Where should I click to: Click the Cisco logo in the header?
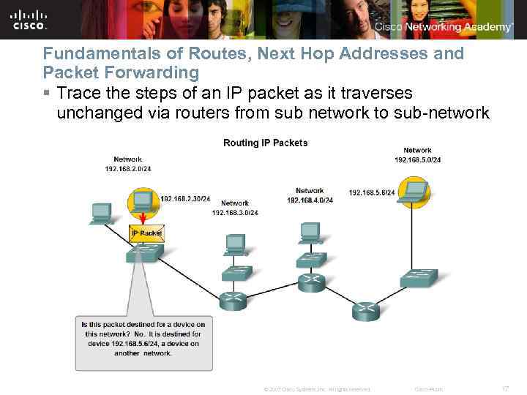coord(29,20)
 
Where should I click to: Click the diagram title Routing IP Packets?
coord(265,143)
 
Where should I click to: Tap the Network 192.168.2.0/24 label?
coord(127,164)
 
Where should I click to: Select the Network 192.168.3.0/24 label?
coord(235,208)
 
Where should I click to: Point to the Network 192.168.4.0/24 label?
coord(310,195)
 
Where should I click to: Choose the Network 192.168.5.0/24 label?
coord(417,155)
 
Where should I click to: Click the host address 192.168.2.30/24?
coord(185,198)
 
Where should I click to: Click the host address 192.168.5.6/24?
coord(372,192)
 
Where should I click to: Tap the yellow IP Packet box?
coord(146,233)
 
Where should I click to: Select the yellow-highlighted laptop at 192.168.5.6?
coord(416,191)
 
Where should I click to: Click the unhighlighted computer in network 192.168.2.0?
coord(100,213)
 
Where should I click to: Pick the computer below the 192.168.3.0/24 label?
coord(235,244)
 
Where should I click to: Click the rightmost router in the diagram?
coord(365,310)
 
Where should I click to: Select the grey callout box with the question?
coord(143,342)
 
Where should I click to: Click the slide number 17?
coord(503,388)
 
